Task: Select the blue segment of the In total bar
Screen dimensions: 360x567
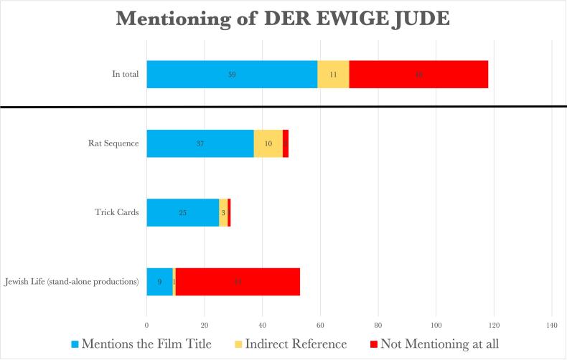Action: (232, 74)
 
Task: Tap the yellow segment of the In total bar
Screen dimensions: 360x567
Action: (333, 74)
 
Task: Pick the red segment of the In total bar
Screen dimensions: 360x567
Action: (418, 74)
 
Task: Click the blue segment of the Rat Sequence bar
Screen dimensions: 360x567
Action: (200, 143)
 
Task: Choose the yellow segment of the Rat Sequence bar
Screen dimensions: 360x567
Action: (268, 143)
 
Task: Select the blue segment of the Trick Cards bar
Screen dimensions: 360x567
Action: (182, 213)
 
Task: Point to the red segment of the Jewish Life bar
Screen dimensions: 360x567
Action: (238, 282)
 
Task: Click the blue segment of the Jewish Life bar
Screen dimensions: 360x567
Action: (159, 282)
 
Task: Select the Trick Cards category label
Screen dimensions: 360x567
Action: (116, 213)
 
